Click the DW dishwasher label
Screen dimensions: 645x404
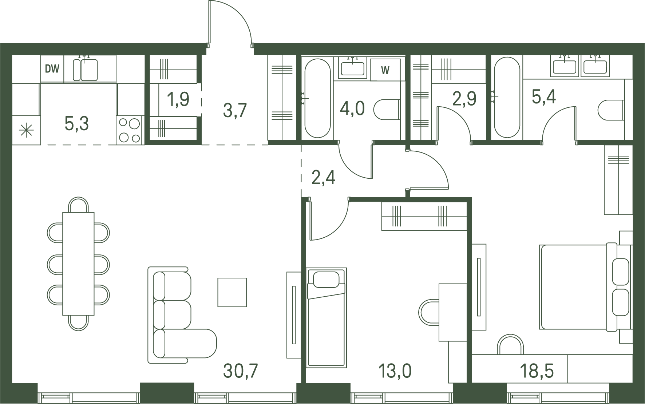pos(52,69)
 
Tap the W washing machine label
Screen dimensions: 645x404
pos(385,70)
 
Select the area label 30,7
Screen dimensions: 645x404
pos(241,371)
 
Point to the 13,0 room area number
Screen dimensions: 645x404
pos(395,371)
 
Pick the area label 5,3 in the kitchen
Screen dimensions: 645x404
pos(76,124)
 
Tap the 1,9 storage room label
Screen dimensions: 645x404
pos(178,99)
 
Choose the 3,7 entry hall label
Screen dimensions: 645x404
pos(235,110)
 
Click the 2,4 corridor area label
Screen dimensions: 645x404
pos(323,178)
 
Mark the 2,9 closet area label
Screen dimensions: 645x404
pos(464,99)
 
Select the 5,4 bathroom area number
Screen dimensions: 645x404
pos(544,97)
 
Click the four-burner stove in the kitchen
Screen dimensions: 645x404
pos(130,130)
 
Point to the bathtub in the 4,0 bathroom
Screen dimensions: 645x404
pos(317,98)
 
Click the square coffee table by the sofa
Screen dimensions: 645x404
pos(232,292)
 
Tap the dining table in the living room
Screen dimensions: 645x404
pos(78,264)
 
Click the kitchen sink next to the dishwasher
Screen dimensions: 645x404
pos(85,70)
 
